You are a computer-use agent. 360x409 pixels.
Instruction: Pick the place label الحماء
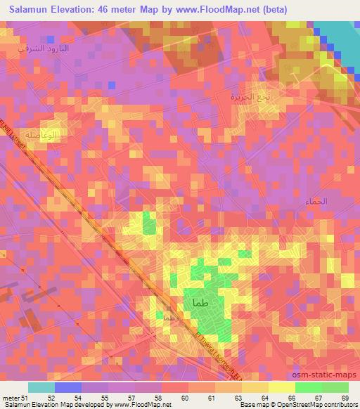317,202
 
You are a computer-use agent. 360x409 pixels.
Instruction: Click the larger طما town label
198,302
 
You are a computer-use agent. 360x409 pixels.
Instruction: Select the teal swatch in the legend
41,387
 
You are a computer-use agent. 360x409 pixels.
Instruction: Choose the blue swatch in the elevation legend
67,387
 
